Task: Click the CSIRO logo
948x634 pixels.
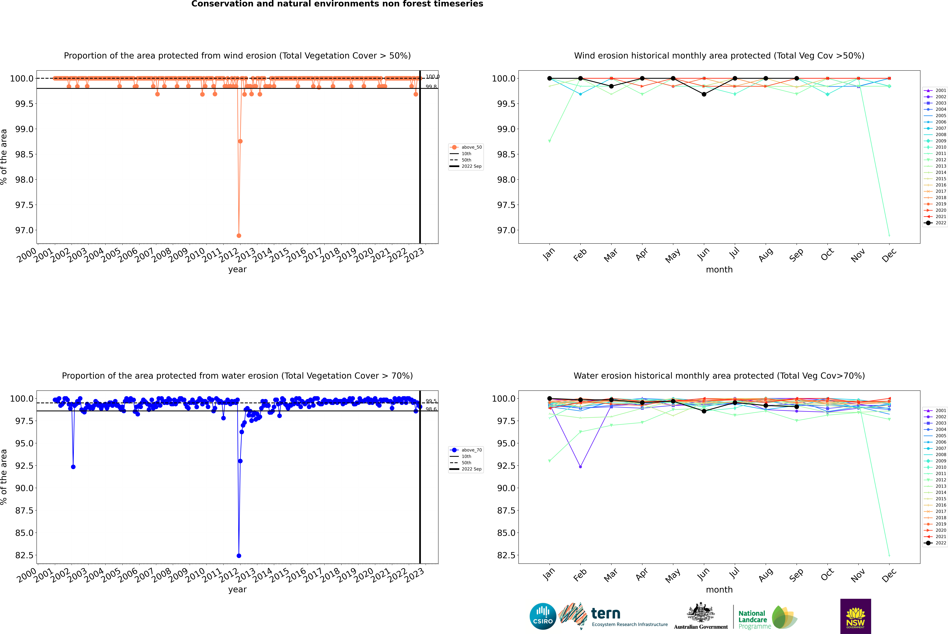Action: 543,616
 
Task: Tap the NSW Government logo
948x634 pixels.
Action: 855,616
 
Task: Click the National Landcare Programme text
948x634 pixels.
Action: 752,619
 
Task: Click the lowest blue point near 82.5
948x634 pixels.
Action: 239,556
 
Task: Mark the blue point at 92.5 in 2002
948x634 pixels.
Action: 73,467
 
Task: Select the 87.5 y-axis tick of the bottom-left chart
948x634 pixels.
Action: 24,510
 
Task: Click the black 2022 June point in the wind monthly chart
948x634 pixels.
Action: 704,94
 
